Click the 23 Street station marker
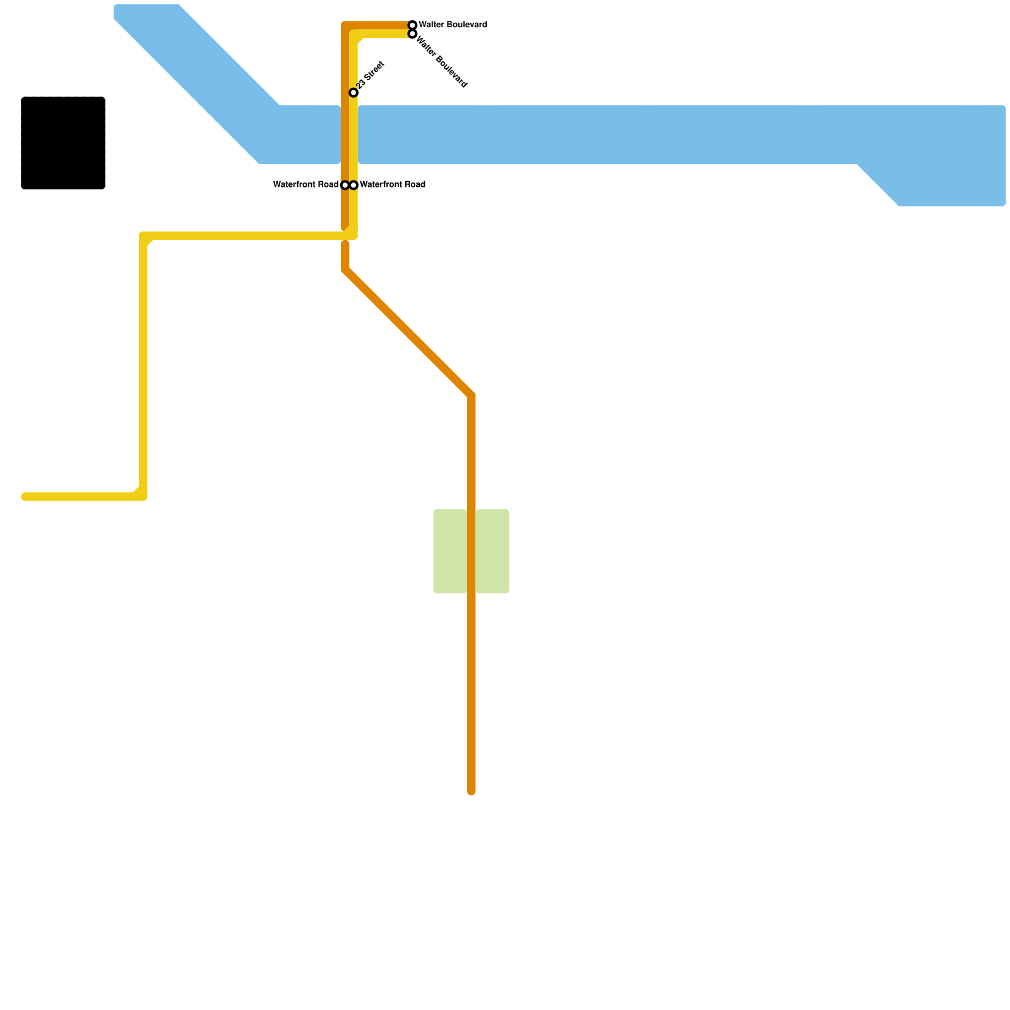[353, 93]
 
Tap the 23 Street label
[371, 75]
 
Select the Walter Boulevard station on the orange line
[412, 25]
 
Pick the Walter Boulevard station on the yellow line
[412, 34]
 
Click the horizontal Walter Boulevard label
[453, 25]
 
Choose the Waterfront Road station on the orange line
[345, 185]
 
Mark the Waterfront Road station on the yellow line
[353, 185]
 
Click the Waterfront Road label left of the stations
[306, 185]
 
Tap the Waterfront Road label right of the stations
[392, 185]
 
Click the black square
[63, 143]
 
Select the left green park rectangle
[450, 551]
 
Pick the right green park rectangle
[492, 551]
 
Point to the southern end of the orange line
[472, 791]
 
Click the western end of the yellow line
[25, 497]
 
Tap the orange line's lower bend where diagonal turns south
[472, 396]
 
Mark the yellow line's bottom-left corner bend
[143, 497]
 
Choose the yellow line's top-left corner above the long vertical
[144, 236]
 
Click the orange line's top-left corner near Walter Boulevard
[345, 26]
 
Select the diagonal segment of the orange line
[408, 333]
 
